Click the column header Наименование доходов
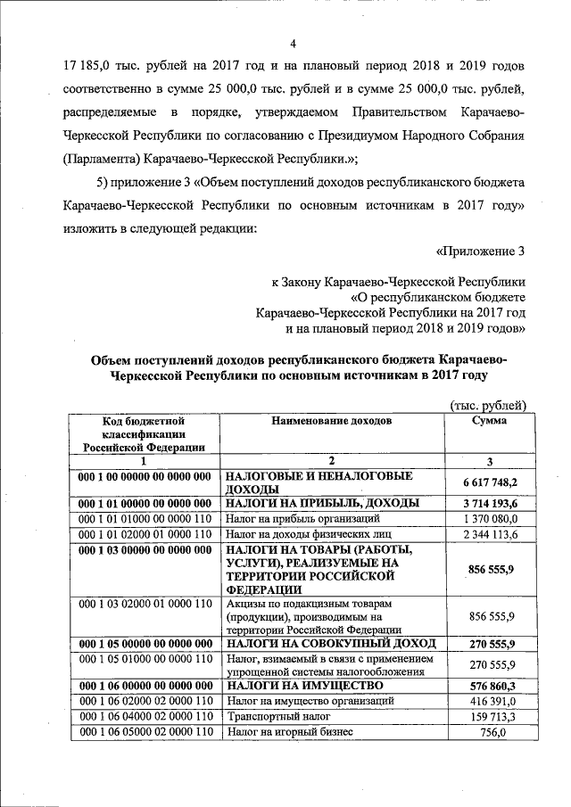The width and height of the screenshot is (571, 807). tap(331, 420)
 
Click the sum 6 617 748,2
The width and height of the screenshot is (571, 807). tap(490, 482)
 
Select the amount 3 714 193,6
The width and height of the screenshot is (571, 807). tap(490, 503)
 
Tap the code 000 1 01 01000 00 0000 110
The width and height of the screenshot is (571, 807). tap(145, 518)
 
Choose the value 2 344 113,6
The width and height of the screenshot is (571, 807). tap(490, 533)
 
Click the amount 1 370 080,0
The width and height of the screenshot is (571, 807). tap(490, 518)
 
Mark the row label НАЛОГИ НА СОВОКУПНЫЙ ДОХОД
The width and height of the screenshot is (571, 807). tap(330, 643)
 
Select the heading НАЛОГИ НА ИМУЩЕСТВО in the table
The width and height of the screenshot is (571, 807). tap(304, 685)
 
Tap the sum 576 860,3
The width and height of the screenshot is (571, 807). tap(490, 685)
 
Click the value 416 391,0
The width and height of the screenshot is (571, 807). tap(490, 701)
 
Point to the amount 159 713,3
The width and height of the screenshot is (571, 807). tap(490, 716)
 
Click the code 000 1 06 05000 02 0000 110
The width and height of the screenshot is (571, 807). tap(145, 732)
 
